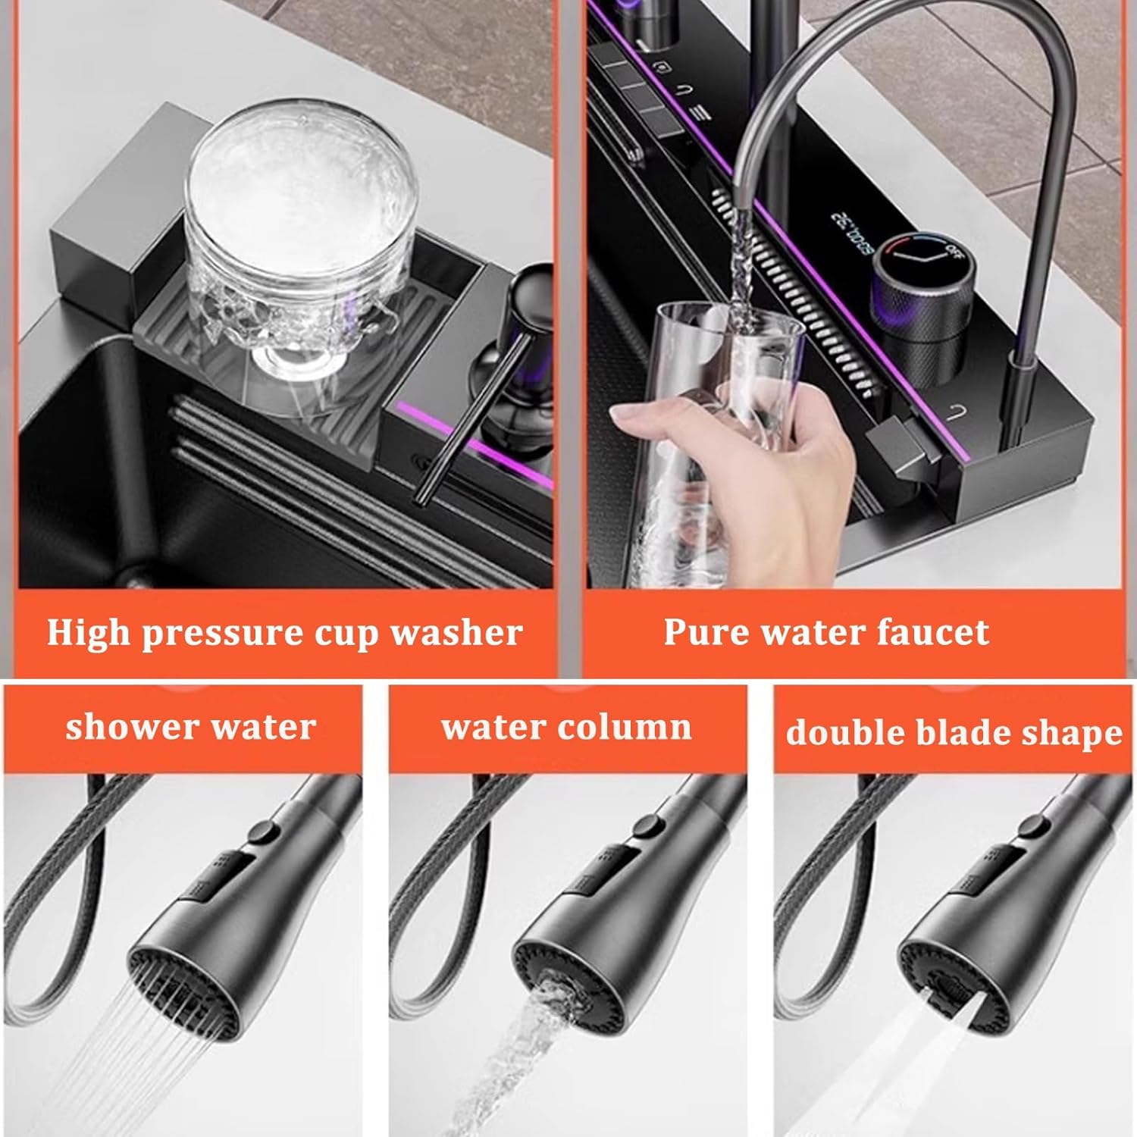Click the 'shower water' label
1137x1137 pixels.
coord(190,727)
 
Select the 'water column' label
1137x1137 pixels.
coord(566,727)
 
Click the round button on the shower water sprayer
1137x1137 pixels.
coord(263,832)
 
